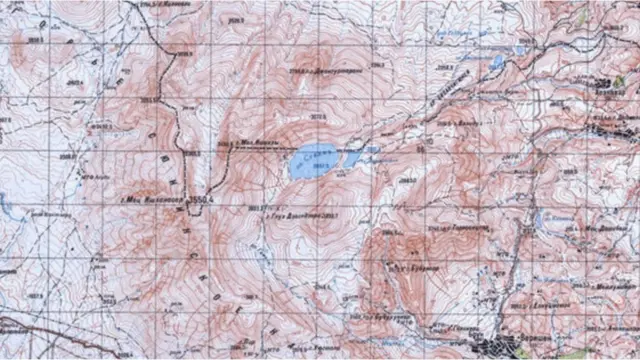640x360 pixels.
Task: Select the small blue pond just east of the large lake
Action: (x=352, y=158)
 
